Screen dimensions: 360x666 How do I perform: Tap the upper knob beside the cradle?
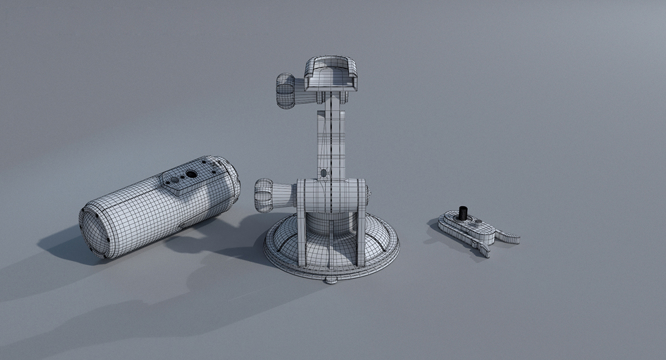286,90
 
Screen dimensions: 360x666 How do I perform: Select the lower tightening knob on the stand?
266,194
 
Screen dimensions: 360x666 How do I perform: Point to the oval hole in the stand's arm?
324,173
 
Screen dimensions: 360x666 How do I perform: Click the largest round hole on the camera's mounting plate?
191,174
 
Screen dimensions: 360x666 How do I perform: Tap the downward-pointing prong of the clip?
482,248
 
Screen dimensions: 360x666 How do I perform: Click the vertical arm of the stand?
331,139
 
